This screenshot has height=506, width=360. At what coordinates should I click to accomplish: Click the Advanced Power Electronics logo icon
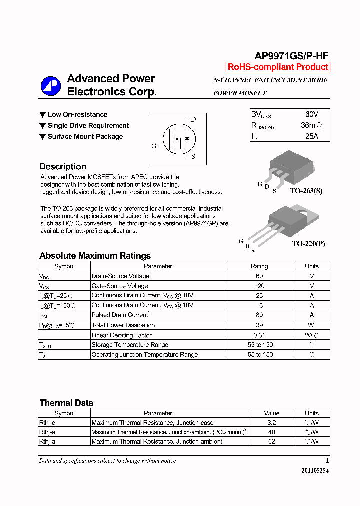coord(50,86)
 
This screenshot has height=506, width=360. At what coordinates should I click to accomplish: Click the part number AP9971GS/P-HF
coord(292,56)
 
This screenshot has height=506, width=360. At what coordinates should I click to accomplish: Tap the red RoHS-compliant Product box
coord(278,67)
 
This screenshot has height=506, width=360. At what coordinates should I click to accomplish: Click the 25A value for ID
coord(311,136)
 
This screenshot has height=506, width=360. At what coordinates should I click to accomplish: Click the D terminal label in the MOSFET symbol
coord(193,119)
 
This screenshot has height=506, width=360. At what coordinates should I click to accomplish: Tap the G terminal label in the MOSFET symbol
coord(154,146)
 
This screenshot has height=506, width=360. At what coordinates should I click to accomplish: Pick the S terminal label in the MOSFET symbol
coord(193,156)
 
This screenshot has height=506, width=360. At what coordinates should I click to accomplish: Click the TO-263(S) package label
coord(306,191)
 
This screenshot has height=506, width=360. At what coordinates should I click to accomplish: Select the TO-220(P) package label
coord(308,244)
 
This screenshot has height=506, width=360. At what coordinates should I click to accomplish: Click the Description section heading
coord(63,167)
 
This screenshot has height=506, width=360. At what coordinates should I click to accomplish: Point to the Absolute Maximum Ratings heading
coord(95,256)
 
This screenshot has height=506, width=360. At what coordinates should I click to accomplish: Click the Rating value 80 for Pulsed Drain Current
coord(259,315)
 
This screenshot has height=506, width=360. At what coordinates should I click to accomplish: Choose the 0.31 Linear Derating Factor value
coord(259,335)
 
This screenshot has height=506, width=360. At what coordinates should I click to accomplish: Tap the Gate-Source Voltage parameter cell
coord(120,286)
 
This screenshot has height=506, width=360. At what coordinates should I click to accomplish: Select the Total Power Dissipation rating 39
coord(259,325)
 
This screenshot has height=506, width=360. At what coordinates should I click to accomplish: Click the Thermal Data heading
coord(66,403)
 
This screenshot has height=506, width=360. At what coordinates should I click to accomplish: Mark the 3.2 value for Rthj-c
coord(272,423)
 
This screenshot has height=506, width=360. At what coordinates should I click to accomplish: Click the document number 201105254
coord(315,471)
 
